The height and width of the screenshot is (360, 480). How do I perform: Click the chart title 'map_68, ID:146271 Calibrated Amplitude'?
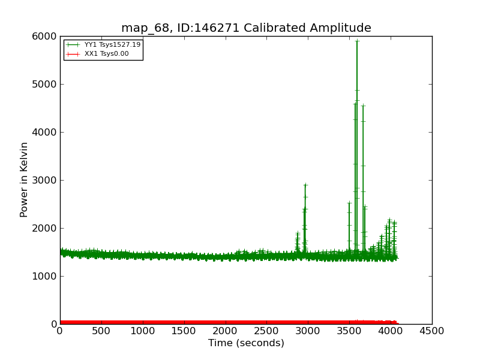point(246,28)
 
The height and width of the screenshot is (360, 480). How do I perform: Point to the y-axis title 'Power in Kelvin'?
point(24,179)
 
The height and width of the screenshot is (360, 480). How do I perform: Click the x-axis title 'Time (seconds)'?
point(246,343)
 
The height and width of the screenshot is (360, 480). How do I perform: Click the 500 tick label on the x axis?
point(101,331)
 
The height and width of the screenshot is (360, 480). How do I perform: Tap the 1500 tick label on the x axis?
point(184,331)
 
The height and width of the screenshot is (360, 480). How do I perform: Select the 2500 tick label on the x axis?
point(266,331)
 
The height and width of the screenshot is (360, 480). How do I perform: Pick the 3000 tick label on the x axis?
point(308,331)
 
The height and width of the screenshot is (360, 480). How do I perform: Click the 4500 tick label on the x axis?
point(432,331)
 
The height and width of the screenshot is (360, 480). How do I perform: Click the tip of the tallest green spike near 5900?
point(357,41)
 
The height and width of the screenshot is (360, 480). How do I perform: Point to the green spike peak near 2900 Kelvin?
point(305,185)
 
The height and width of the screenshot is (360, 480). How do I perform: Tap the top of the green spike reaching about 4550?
point(363,106)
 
